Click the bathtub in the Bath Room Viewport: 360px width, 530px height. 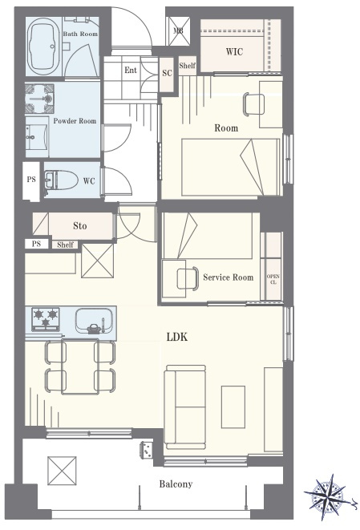coord(43,47)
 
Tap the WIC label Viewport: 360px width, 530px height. coord(234,51)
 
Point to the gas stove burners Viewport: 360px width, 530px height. coord(46,319)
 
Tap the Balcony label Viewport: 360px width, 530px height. coord(176,484)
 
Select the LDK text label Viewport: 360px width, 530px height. coord(176,337)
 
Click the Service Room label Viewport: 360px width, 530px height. coord(229,277)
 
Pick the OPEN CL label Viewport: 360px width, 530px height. coord(273,279)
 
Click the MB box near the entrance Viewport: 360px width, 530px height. coord(178,31)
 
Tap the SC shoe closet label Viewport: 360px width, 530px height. coord(167,73)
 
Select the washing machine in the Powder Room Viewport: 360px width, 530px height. coord(39,99)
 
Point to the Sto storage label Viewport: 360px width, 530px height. coord(79,226)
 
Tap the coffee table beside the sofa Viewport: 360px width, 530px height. coord(233,407)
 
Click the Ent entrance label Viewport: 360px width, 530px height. coord(131,70)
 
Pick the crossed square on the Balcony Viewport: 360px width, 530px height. coord(62,470)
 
